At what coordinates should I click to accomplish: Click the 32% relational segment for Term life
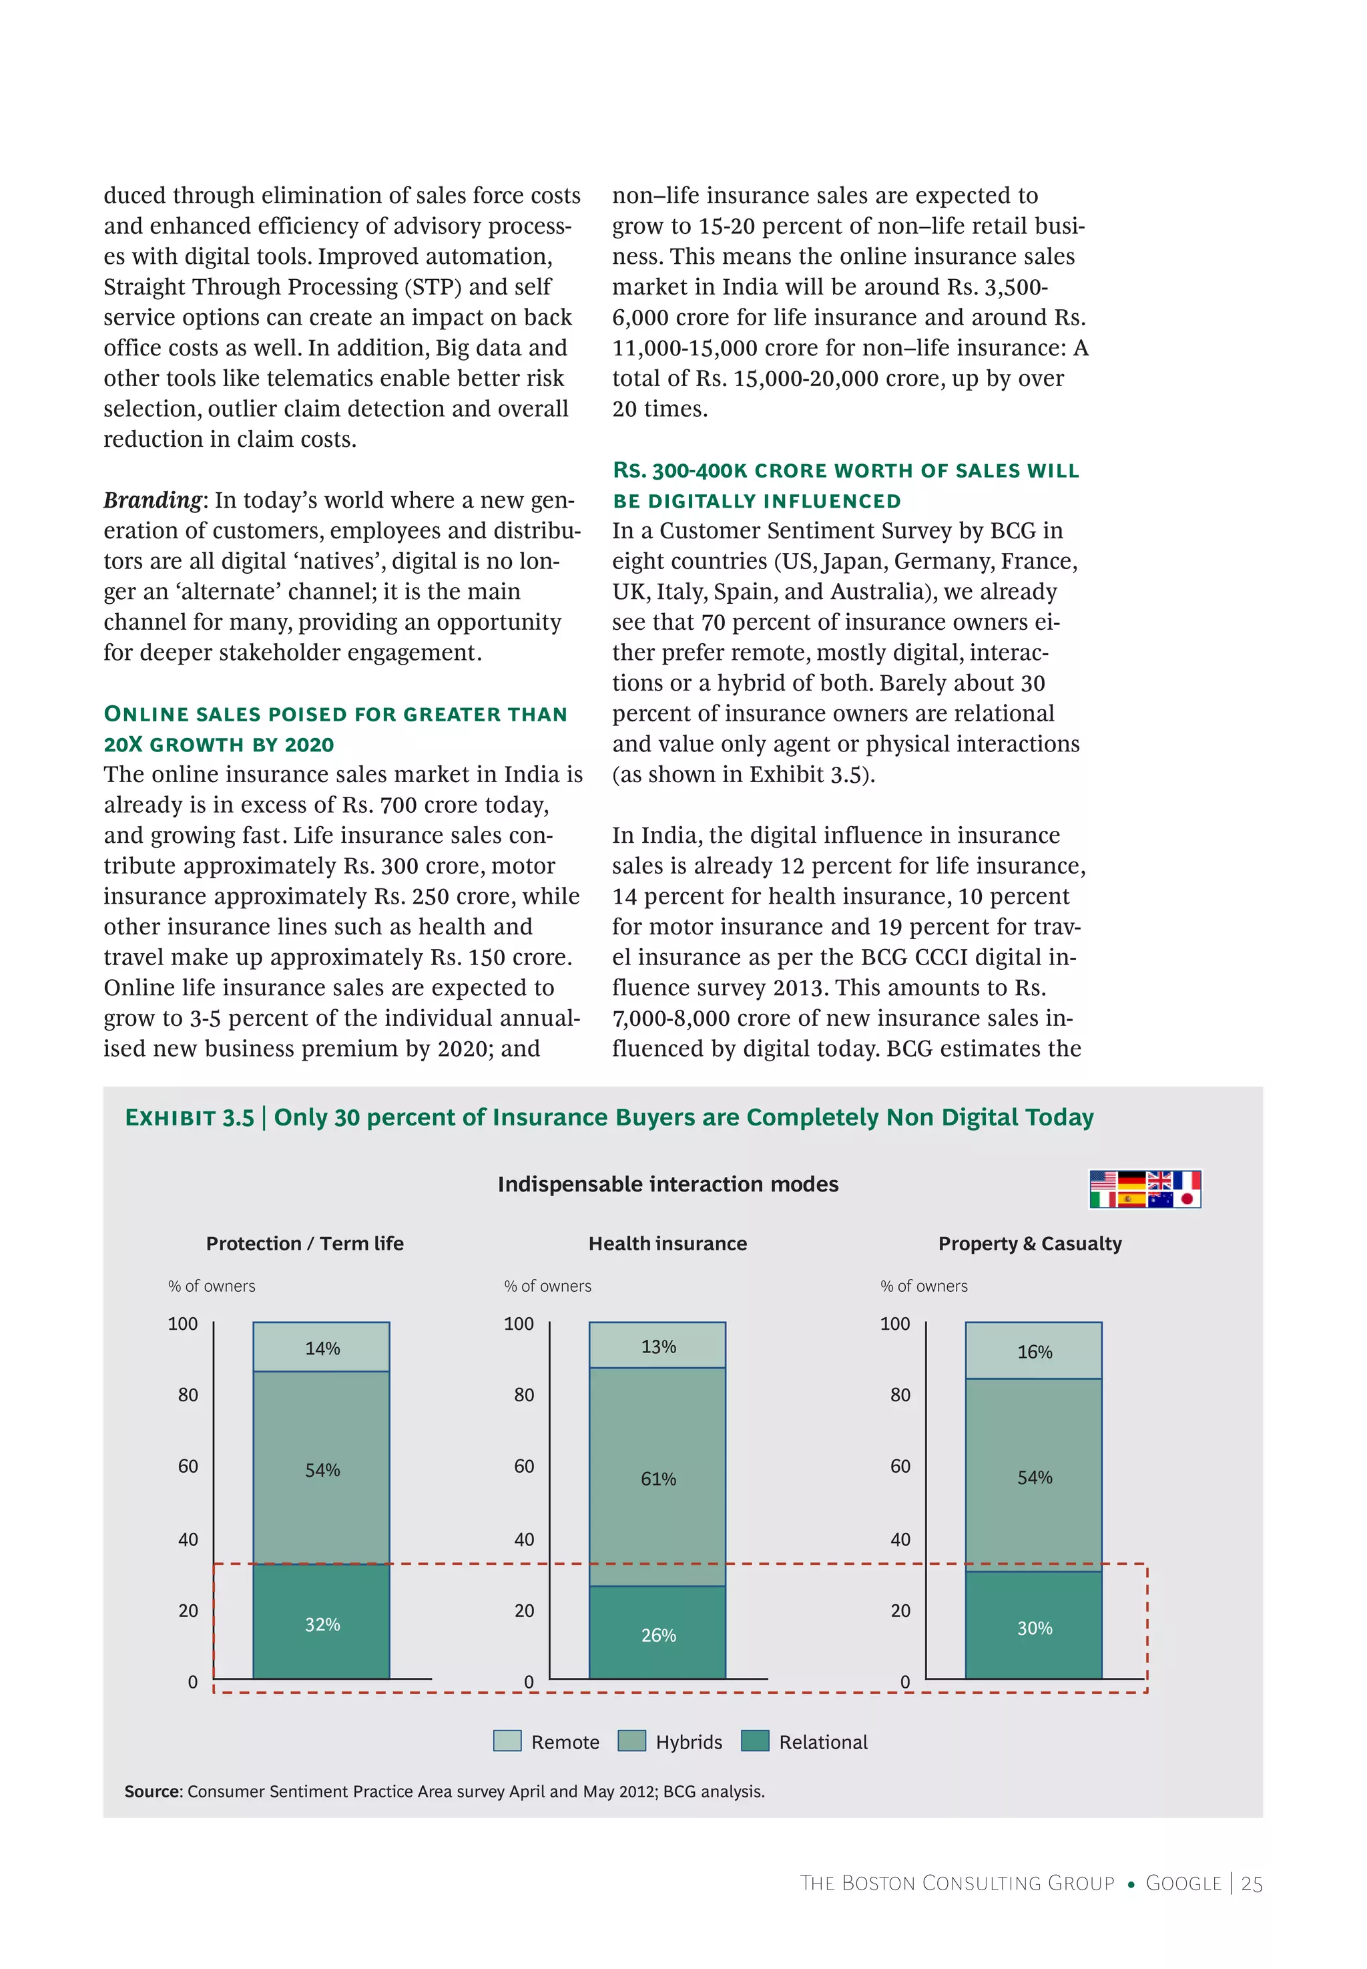click(x=321, y=1622)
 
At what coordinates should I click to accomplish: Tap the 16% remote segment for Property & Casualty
click(x=1033, y=1351)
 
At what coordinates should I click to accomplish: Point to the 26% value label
click(x=658, y=1635)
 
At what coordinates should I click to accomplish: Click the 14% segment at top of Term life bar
click(x=321, y=1347)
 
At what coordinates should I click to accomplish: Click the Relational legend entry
click(x=822, y=1741)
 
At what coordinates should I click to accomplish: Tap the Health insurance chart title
click(x=667, y=1242)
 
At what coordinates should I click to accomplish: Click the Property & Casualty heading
click(x=1029, y=1242)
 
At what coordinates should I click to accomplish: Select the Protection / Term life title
click(x=304, y=1242)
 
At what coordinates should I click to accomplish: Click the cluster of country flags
click(x=1144, y=1188)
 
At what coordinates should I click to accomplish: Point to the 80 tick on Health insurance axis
click(x=523, y=1394)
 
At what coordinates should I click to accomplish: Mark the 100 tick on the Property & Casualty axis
click(x=894, y=1323)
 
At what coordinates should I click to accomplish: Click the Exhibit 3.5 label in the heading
click(x=190, y=1117)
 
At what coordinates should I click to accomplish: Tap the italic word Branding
click(x=152, y=500)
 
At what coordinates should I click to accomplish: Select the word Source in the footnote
click(x=152, y=1791)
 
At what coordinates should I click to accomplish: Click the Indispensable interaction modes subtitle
click(x=667, y=1184)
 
